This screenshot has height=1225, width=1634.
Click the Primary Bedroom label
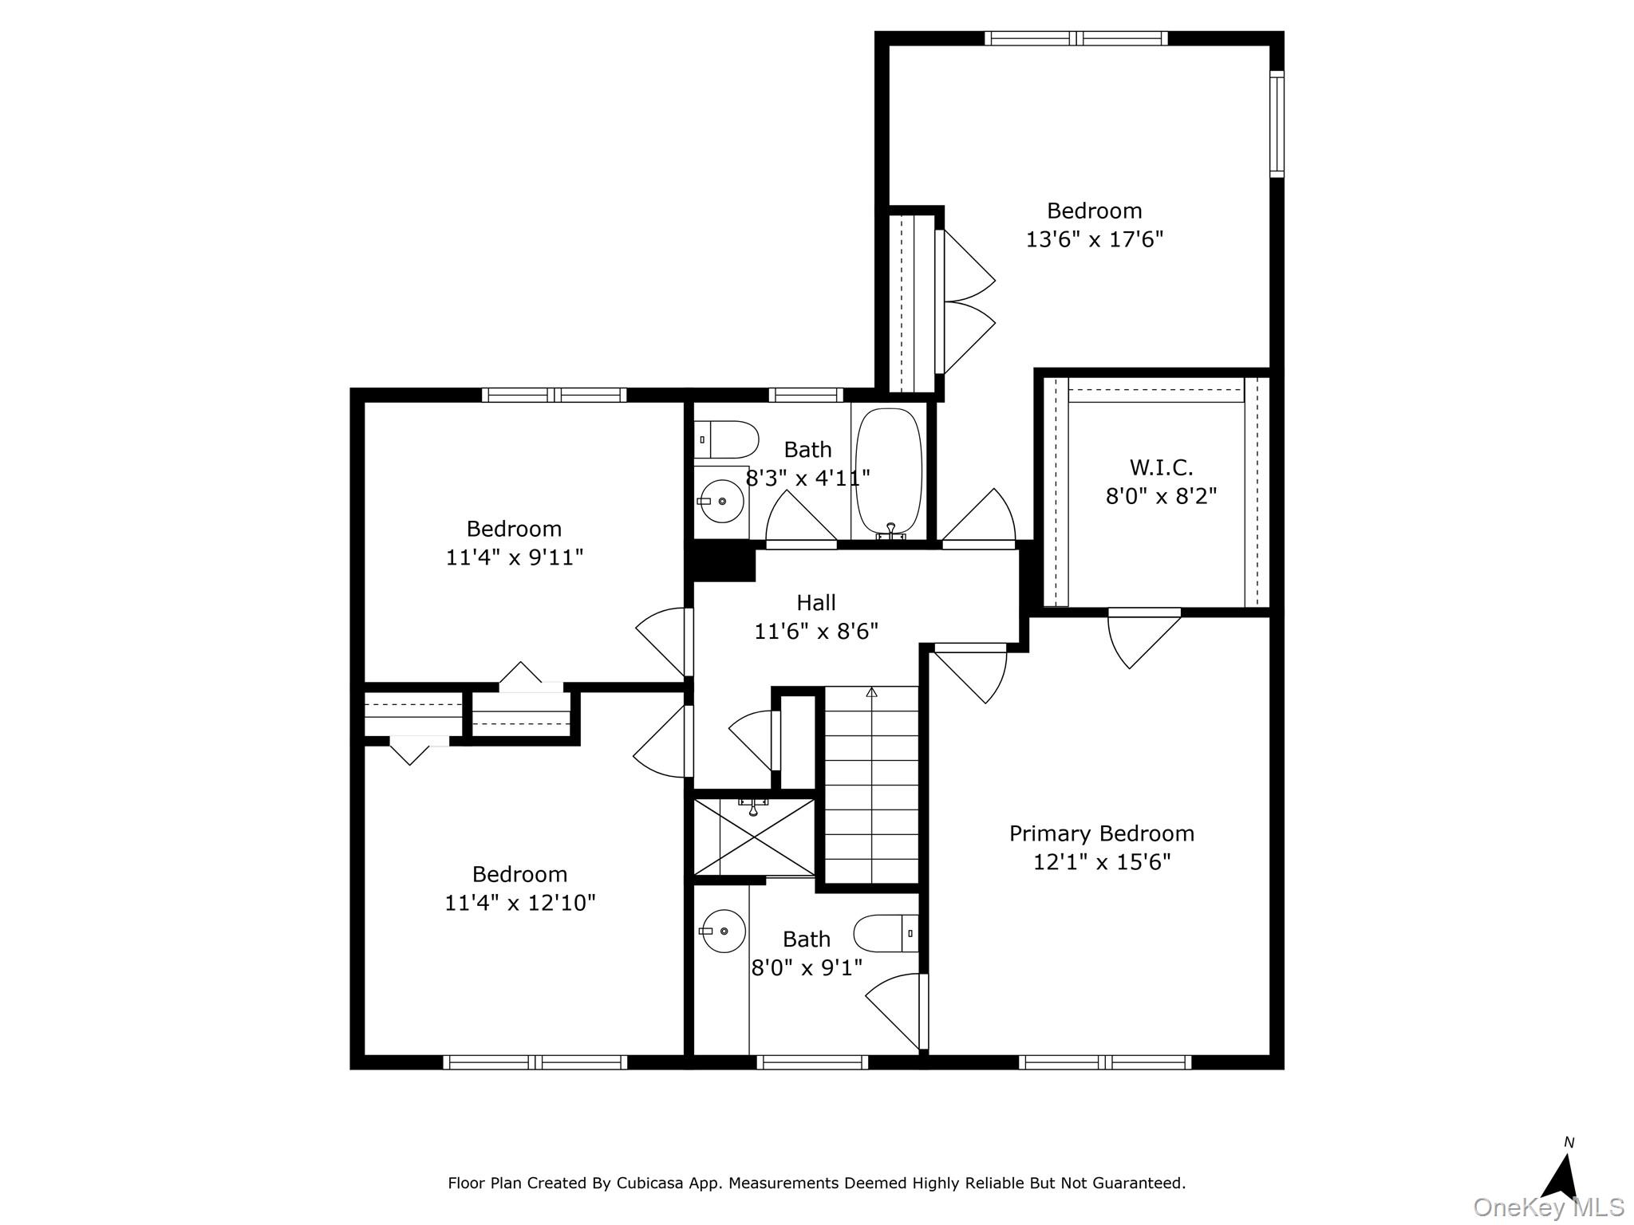point(1102,834)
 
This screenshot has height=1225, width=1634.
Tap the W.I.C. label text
point(1161,467)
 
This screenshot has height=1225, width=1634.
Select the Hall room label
point(816,603)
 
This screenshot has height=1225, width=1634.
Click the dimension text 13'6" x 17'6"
point(1095,239)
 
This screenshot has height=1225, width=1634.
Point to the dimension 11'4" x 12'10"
point(520,903)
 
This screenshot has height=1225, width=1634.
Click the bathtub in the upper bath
point(889,472)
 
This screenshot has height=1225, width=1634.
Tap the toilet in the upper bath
point(726,439)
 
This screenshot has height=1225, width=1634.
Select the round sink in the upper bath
point(721,501)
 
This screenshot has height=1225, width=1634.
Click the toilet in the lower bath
point(886,933)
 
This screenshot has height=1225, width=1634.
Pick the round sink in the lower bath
point(723,931)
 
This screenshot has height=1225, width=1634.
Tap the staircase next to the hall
point(871,785)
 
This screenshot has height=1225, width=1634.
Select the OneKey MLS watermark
point(1549,1207)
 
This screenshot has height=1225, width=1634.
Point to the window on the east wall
point(1277,123)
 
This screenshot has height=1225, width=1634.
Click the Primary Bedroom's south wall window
point(1105,1062)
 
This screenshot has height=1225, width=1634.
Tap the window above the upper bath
point(806,394)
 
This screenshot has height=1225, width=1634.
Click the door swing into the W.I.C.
point(1143,638)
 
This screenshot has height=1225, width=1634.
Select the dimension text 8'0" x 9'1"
point(807,968)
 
